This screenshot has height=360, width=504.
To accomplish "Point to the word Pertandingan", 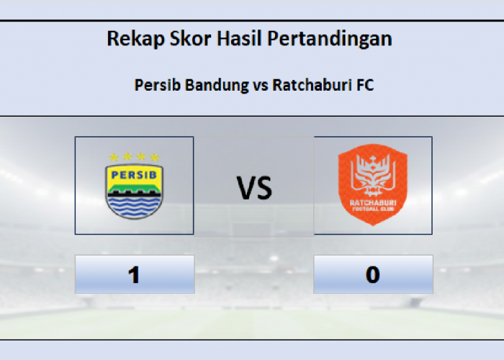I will pyautogui.click(x=330, y=39).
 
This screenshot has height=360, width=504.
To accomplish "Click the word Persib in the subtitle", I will pyautogui.click(x=158, y=85).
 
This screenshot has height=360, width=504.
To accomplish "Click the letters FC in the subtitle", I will pyautogui.click(x=365, y=85).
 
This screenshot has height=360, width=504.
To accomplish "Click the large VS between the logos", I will pyautogui.click(x=255, y=189).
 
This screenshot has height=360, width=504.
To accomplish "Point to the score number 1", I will pyautogui.click(x=134, y=275).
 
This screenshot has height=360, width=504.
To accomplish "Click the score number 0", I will pyautogui.click(x=372, y=275).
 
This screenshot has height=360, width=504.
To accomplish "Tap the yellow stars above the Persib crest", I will pyautogui.click(x=134, y=157).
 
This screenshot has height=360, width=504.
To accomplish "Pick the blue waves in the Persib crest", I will pyautogui.click(x=134, y=206).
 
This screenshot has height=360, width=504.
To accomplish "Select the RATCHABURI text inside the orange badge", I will pyautogui.click(x=372, y=204).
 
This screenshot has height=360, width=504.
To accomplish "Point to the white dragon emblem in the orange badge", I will pyautogui.click(x=372, y=177).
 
